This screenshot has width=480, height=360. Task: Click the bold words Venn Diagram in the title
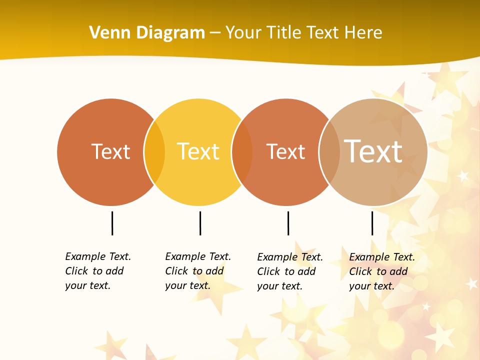point(147,33)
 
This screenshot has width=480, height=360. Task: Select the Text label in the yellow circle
point(198,151)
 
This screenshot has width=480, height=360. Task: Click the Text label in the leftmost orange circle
point(110,151)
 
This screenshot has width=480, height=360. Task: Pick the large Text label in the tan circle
point(373,151)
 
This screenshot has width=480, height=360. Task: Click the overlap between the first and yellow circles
point(154,152)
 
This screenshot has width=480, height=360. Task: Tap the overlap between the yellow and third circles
point(242,152)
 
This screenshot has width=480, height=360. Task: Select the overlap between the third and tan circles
point(329,152)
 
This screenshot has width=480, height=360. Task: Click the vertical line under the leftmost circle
point(112,223)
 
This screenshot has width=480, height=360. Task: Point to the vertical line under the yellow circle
point(200,223)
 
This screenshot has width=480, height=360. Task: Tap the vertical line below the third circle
point(288,223)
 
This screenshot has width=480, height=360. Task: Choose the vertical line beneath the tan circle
point(372,223)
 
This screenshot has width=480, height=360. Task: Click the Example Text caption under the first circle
point(98,271)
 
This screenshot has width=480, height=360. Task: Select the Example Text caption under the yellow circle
point(198,271)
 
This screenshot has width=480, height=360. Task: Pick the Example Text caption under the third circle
point(290,271)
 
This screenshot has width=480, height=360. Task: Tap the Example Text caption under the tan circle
point(382,271)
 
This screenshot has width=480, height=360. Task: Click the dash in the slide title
point(215,33)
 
